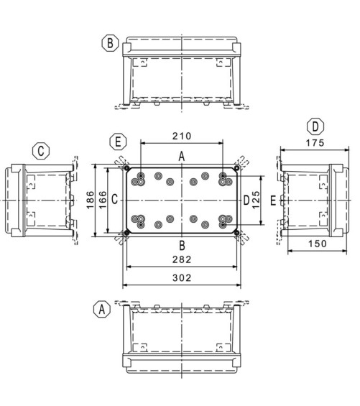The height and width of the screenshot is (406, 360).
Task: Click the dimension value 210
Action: (182, 136)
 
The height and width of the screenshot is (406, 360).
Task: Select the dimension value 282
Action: (182, 259)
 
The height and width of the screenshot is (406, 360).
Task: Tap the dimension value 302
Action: (182, 278)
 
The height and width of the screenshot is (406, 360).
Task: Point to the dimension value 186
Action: (90, 200)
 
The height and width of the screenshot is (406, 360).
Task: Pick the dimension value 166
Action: (103, 200)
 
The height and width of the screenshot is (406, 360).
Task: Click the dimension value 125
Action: (256, 200)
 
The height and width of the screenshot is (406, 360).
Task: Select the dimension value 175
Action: (315, 143)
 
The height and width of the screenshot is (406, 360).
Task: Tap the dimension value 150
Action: (318, 244)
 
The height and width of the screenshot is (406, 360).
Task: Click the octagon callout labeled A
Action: (102, 309)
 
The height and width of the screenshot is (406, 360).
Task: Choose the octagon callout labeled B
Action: (110, 43)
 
